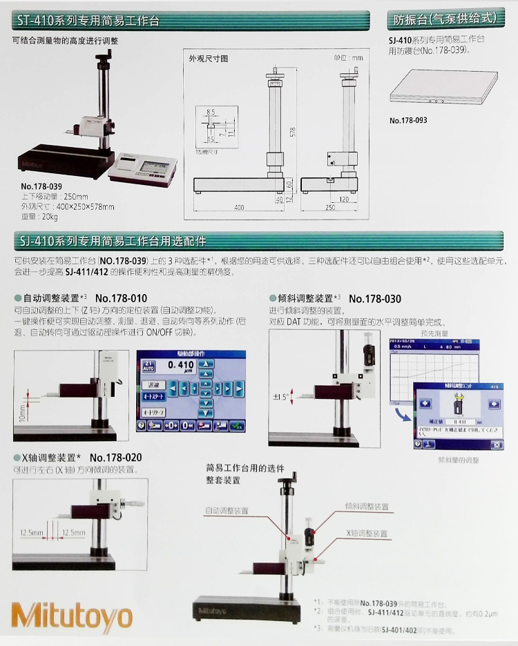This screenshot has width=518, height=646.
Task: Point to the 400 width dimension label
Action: click(239, 207)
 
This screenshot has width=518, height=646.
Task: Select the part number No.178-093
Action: click(408, 120)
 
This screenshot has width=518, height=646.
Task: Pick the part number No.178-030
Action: click(375, 299)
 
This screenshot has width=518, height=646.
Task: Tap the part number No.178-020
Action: click(115, 458)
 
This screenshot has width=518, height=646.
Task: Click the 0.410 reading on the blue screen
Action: click(181, 364)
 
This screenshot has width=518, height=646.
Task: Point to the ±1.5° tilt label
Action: click(280, 396)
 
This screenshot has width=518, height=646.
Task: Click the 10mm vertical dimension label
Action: click(21, 413)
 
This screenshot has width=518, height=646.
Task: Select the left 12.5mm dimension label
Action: click(32, 532)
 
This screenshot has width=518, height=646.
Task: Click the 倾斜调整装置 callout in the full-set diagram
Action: click(366, 505)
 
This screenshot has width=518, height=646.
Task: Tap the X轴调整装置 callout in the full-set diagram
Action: click(367, 534)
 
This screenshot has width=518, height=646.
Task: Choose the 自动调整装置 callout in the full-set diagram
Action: click(226, 511)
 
